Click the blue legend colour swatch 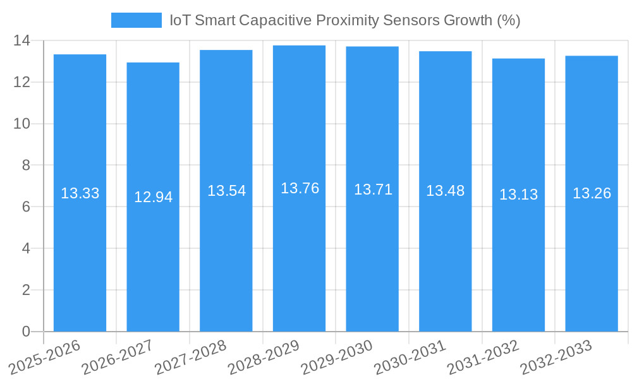tap(137, 20)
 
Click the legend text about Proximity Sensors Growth tap(345, 20)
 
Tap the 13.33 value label tap(80, 193)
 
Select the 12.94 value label tap(153, 197)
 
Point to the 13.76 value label tap(300, 188)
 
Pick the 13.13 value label tap(518, 195)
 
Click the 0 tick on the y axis tap(26, 332)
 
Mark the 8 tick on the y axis tap(26, 165)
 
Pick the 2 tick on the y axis tap(26, 290)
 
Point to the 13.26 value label tap(592, 193)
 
